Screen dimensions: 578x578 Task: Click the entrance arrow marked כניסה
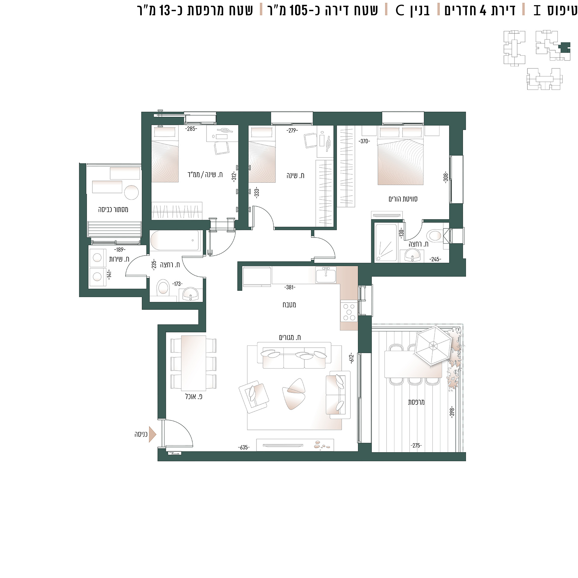click(x=152, y=434)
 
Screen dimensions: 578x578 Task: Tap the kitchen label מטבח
click(x=289, y=305)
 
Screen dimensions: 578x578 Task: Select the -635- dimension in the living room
click(x=244, y=447)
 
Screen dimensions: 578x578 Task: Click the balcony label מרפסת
click(x=416, y=402)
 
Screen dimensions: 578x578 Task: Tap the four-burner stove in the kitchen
click(x=349, y=312)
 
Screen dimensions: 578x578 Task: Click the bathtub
click(x=175, y=240)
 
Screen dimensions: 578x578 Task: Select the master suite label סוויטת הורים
click(x=403, y=199)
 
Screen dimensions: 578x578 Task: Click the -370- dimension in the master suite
click(x=364, y=141)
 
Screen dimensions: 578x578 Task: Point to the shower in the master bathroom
click(x=386, y=243)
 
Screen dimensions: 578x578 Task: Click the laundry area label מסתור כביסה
click(x=113, y=210)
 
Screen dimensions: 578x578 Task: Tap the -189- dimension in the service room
click(x=120, y=250)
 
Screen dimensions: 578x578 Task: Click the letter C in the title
click(x=400, y=11)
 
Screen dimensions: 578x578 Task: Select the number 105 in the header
click(x=299, y=11)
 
